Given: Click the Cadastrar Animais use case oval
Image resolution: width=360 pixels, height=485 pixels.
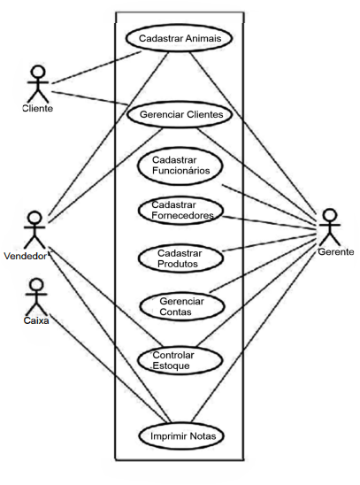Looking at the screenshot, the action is tap(179, 38).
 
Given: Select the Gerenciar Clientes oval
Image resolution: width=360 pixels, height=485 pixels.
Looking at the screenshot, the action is tap(180, 114).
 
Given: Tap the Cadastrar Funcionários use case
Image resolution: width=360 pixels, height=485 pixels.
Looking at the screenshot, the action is tap(180, 166).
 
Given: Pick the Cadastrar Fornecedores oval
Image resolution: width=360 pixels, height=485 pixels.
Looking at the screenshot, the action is tap(180, 211).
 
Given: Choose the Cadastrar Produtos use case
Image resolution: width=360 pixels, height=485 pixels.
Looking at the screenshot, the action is tap(180, 258).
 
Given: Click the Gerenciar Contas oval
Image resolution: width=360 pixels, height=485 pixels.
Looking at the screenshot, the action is tap(181, 306).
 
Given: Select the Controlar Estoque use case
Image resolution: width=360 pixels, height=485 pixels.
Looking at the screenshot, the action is tap(180, 360).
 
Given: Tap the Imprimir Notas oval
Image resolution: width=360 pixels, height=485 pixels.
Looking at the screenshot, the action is tap(181, 436).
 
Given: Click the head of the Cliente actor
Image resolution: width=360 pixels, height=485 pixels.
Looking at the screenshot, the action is tap(38, 72).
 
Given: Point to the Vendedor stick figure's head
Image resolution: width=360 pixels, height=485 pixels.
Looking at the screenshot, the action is tap(34, 218).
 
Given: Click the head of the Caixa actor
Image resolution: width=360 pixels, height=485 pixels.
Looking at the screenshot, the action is tap(36, 285).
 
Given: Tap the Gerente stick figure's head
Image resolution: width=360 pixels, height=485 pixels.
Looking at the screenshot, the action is tap(330, 216).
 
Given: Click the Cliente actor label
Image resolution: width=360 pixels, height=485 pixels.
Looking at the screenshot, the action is tap(38, 108).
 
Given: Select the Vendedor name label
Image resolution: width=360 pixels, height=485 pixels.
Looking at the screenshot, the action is tap(26, 256).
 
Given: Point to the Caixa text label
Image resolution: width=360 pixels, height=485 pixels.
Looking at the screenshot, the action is tap(36, 320).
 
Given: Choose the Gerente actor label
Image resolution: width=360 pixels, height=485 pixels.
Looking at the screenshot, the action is tap(336, 251).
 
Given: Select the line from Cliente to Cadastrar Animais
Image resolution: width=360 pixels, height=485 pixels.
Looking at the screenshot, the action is tap(96, 67).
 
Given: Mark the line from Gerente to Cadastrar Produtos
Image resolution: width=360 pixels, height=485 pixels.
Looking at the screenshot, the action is tap(269, 242).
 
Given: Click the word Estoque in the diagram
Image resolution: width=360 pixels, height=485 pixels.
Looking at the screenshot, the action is tap(172, 366).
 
